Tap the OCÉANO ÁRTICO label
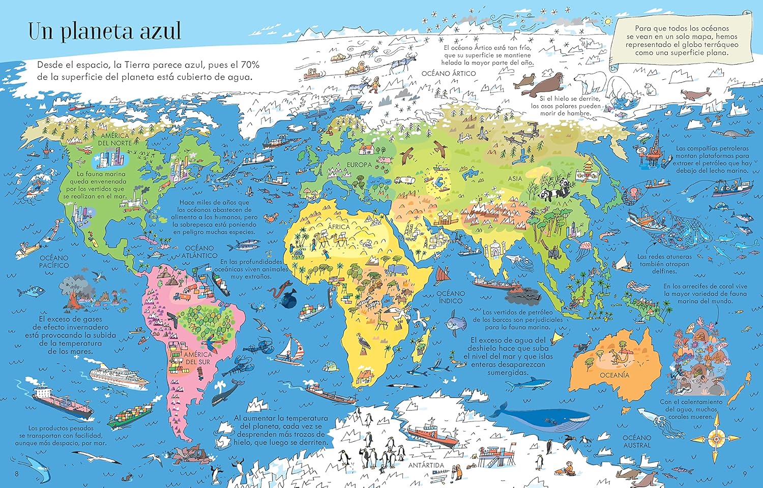pyautogui.click(x=449, y=74)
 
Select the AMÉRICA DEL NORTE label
pyautogui.click(x=115, y=139)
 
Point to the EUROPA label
pyautogui.click(x=360, y=165)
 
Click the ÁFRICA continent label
pyautogui.click(x=339, y=227)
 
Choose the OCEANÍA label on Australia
pyautogui.click(x=614, y=375)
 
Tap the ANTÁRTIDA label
pyautogui.click(x=426, y=465)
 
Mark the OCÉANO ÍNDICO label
pyautogui.click(x=451, y=297)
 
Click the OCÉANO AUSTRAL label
pyautogui.click(x=637, y=441)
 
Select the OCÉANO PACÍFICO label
pyautogui.click(x=54, y=262)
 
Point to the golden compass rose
pyautogui.click(x=718, y=436)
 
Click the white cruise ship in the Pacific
pyautogui.click(x=116, y=375)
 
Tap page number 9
pyautogui.click(x=745, y=474)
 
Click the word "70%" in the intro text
pyautogui.click(x=249, y=65)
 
